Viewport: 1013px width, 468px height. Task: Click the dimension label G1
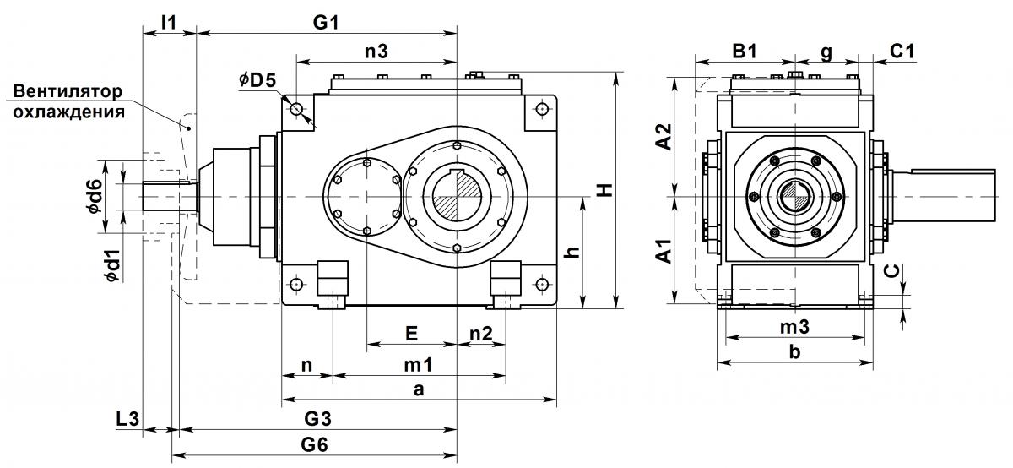pos(326,22)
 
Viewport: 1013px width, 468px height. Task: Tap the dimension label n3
pos(376,52)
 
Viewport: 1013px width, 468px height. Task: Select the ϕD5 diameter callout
pos(257,80)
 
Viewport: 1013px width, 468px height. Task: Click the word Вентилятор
pos(68,91)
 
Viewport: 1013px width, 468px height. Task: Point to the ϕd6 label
pos(96,195)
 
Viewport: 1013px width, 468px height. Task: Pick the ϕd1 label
pos(113,266)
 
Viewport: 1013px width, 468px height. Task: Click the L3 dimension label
pos(127,419)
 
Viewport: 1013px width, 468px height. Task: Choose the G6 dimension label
pos(314,444)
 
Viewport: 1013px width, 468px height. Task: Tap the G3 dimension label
pos(317,419)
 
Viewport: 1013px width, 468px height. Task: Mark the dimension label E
pos(411,334)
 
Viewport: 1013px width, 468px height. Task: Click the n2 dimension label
pos(480,334)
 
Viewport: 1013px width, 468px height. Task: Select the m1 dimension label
pos(419,364)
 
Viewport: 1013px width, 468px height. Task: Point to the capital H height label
pos(604,189)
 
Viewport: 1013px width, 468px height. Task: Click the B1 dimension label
pos(745,52)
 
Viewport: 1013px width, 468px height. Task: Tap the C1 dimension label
pos(902,52)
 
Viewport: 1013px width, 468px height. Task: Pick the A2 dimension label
pos(664,137)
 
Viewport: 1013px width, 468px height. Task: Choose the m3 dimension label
pos(794,326)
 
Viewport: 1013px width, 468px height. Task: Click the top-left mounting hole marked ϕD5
pos(296,109)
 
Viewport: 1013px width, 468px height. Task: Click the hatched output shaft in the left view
pos(457,197)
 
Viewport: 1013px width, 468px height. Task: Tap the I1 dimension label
pos(169,22)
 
